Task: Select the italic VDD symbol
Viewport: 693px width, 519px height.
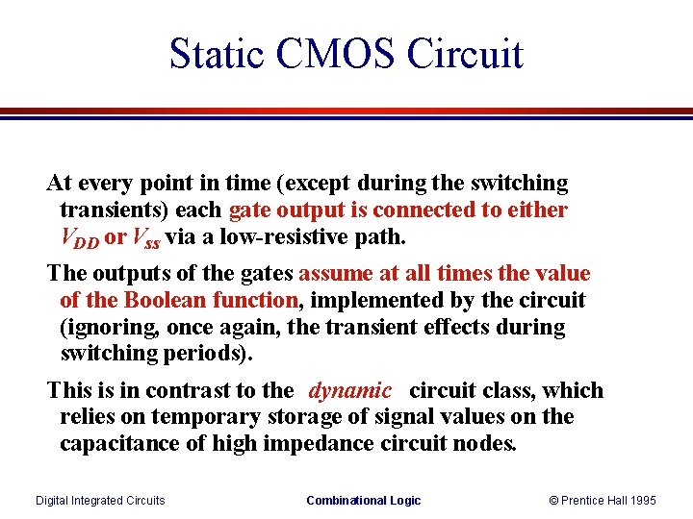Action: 80,236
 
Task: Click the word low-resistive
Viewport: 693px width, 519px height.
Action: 255,236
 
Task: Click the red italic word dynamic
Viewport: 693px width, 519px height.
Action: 349,391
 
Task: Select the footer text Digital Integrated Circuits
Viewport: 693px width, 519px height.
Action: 100,501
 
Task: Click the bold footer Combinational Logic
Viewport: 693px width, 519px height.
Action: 363,501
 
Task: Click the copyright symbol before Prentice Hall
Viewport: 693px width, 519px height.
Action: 553,501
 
